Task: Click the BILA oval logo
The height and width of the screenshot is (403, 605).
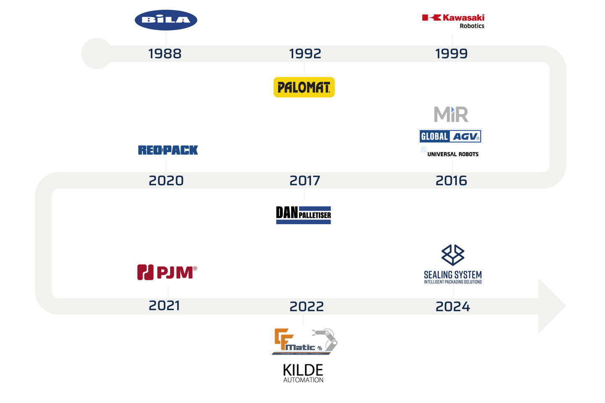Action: click(x=167, y=20)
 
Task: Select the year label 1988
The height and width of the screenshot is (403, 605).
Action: click(x=165, y=54)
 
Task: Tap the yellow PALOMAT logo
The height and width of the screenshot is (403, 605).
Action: click(x=304, y=87)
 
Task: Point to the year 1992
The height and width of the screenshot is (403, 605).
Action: click(x=305, y=54)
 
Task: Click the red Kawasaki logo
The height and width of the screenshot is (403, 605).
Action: click(x=453, y=18)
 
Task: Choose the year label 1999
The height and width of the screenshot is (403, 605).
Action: click(x=451, y=54)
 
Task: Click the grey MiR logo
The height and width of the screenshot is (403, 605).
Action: click(x=451, y=114)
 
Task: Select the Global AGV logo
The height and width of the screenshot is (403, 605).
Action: click(x=450, y=136)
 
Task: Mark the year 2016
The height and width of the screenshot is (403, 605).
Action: click(x=451, y=181)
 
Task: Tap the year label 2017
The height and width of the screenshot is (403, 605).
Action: click(x=305, y=181)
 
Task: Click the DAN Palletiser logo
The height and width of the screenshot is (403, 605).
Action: click(x=304, y=215)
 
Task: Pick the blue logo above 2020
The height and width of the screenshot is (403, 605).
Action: click(x=168, y=150)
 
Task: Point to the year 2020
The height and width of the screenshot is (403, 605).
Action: click(x=166, y=181)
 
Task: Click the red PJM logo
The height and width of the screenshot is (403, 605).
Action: click(x=167, y=272)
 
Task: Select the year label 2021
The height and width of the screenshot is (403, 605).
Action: click(x=164, y=306)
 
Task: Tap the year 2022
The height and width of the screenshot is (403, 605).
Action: click(x=307, y=306)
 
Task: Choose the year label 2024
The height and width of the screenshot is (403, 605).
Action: click(x=452, y=306)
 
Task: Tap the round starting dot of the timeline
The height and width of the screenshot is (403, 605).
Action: click(x=97, y=54)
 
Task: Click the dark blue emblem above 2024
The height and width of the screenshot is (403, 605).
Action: click(x=452, y=255)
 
